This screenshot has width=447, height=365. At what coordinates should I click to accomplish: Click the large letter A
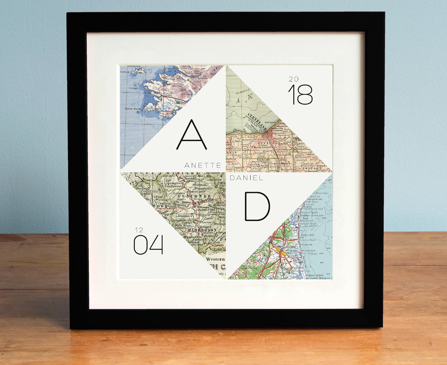pyautogui.click(x=191, y=134)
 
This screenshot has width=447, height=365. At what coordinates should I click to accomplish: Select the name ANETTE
pyautogui.click(x=203, y=165)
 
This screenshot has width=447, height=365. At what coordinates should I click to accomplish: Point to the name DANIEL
pyautogui.click(x=247, y=178)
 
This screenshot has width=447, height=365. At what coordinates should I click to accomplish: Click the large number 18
pyautogui.click(x=300, y=95)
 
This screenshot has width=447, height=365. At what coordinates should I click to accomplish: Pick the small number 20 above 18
pyautogui.click(x=293, y=79)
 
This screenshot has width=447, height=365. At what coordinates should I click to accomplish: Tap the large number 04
pyautogui.click(x=148, y=245)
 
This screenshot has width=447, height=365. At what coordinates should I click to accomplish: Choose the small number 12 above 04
pyautogui.click(x=140, y=230)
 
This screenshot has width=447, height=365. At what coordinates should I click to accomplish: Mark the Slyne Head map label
pyautogui.click(x=133, y=109)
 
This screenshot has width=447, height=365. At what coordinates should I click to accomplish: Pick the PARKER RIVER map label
pyautogui.click(x=315, y=275)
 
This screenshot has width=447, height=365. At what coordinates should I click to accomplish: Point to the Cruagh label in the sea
pyautogui.click(x=133, y=88)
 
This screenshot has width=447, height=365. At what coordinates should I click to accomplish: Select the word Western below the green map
pyautogui.click(x=215, y=259)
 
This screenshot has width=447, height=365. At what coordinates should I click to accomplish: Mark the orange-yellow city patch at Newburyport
pyautogui.click(x=283, y=253)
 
